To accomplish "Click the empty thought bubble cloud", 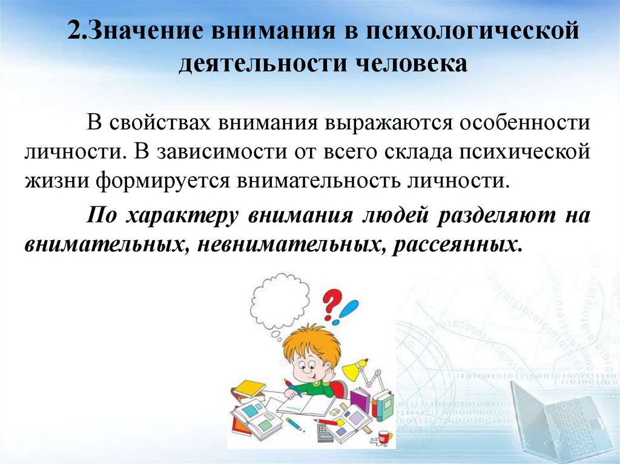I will coord(280,301).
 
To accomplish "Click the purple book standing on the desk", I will coord(360,400).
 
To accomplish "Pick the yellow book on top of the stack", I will coord(249,387).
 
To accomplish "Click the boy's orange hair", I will coord(311,345).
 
